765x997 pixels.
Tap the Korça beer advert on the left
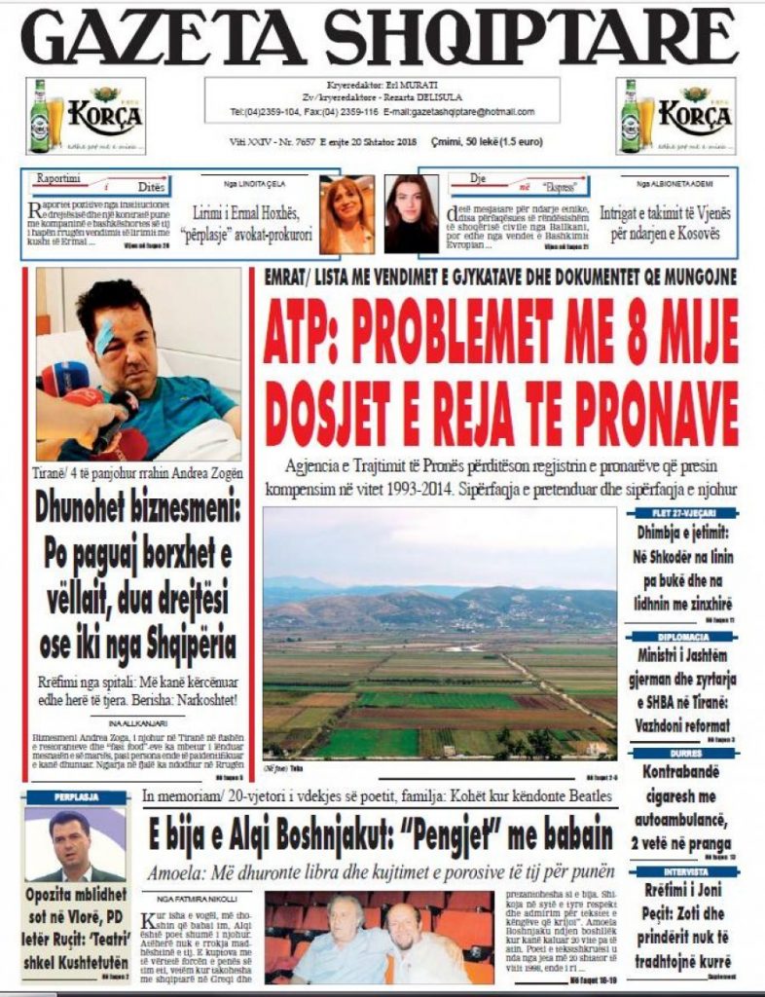point(86,116)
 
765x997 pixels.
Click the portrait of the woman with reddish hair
point(346,214)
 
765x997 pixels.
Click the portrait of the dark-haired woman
point(411,214)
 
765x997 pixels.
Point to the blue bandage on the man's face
point(104,337)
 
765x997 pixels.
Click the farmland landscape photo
point(439,633)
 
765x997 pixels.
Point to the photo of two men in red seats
point(379,937)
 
